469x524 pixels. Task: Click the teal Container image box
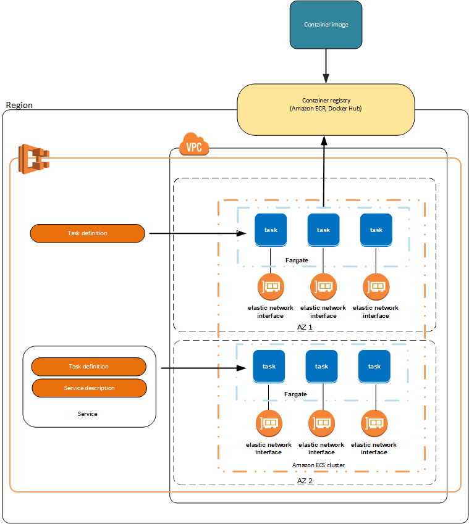pyautogui.click(x=326, y=25)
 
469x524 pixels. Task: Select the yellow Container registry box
pyautogui.click(x=326, y=109)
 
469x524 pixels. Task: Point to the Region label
pyautogui.click(x=19, y=105)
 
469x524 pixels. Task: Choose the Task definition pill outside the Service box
pyautogui.click(x=87, y=233)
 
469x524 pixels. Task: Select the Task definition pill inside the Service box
pyautogui.click(x=88, y=367)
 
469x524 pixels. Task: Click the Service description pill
pyautogui.click(x=89, y=388)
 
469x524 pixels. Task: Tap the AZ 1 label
pyautogui.click(x=305, y=326)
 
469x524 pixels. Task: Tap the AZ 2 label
pyautogui.click(x=305, y=480)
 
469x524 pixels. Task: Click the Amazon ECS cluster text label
pyautogui.click(x=318, y=465)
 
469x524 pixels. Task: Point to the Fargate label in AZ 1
pyautogui.click(x=297, y=260)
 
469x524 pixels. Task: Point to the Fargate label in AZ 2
pyautogui.click(x=295, y=394)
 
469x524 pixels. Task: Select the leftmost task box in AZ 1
pyautogui.click(x=271, y=230)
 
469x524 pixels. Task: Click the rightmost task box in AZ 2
pyautogui.click(x=374, y=366)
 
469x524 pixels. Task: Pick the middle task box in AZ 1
pyautogui.click(x=323, y=230)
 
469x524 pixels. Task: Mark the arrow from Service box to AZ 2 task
pyautogui.click(x=204, y=369)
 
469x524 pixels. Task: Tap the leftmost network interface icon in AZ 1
pyautogui.click(x=271, y=287)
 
